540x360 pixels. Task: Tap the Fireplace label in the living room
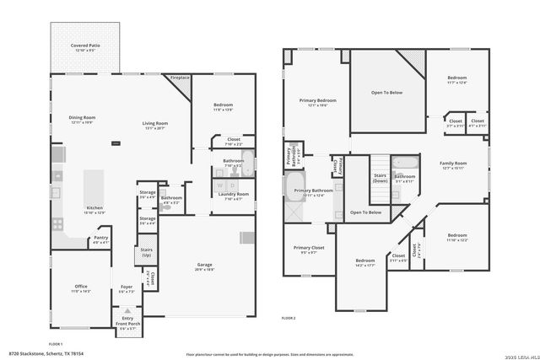(181, 78)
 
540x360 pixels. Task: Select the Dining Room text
(82, 120)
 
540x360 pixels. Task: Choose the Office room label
(81, 287)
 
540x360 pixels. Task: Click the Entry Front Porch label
(127, 320)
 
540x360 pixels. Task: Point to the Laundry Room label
(234, 196)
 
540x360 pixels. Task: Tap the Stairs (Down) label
(380, 178)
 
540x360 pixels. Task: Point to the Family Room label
(452, 165)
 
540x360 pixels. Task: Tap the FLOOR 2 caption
(289, 318)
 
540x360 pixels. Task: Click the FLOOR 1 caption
(56, 344)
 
